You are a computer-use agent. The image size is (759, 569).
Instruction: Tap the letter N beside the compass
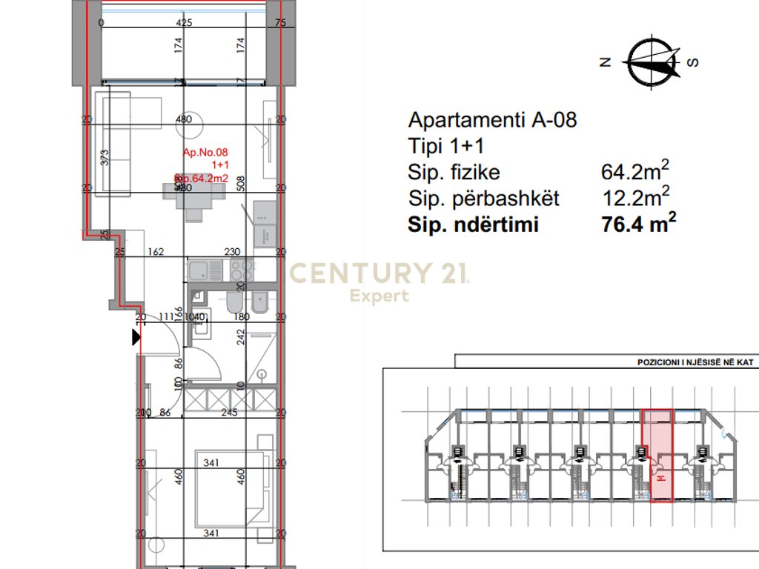pos(605,63)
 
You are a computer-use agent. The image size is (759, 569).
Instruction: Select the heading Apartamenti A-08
pos(492,120)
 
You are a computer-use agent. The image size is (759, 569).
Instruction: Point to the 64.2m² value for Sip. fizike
pos(635,172)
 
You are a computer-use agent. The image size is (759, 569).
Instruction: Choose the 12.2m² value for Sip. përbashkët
pos(635,198)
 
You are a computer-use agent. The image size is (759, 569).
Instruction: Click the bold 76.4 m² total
pos(640,224)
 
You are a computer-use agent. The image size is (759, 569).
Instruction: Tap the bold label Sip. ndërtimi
pos(473,225)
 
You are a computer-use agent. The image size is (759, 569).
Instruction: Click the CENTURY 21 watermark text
pos(379,273)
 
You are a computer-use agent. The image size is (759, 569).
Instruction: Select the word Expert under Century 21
pos(379,296)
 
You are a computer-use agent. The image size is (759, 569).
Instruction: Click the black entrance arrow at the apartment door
pos(136,338)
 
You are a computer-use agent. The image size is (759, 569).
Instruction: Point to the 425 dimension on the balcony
pos(184,23)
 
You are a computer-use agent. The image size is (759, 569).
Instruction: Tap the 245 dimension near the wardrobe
pos(229,413)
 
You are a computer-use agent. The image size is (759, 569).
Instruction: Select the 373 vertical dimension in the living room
pos(105,157)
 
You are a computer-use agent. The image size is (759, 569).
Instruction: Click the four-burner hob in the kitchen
pos(242,268)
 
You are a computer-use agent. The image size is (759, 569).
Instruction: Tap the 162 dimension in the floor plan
pos(156,252)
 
